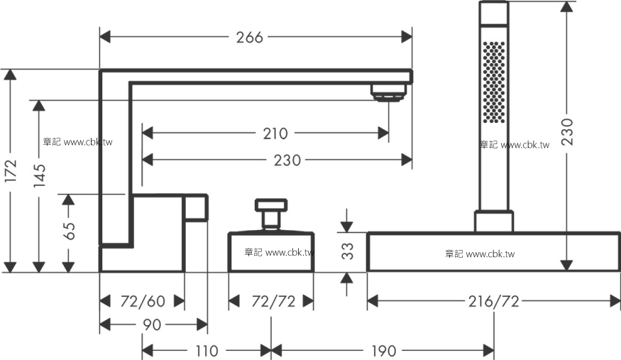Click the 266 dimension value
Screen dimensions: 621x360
point(250,38)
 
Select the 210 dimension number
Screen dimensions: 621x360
point(275,134)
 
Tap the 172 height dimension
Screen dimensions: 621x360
point(11,170)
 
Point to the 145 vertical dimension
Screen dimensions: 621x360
point(39,175)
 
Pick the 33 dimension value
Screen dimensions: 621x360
point(347,251)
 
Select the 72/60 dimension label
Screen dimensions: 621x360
point(143,301)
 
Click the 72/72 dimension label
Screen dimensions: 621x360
point(273,302)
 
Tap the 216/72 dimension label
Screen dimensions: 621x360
point(493,302)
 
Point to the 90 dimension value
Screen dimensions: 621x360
point(152,325)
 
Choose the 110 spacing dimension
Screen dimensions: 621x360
point(207,351)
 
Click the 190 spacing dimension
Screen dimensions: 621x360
point(383,351)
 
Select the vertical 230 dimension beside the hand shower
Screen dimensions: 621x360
point(567,131)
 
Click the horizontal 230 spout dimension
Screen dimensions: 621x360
point(287,160)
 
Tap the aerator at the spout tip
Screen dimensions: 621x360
point(388,92)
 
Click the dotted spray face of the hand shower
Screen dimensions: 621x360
point(494,82)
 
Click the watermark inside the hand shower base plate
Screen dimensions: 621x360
point(480,254)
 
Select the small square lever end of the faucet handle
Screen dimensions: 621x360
point(195,207)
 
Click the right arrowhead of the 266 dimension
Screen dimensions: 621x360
point(407,37)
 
